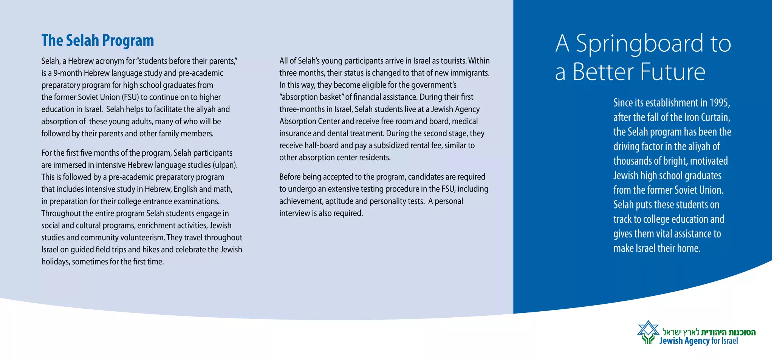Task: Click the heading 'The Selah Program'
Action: click(98, 40)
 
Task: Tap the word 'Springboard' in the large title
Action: click(639, 44)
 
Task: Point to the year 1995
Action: click(720, 103)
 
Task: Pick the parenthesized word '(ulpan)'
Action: click(225, 165)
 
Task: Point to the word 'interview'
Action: click(294, 213)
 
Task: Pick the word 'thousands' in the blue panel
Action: click(632, 161)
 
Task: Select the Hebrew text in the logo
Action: click(709, 332)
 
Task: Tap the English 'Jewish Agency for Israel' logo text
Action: click(698, 341)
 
